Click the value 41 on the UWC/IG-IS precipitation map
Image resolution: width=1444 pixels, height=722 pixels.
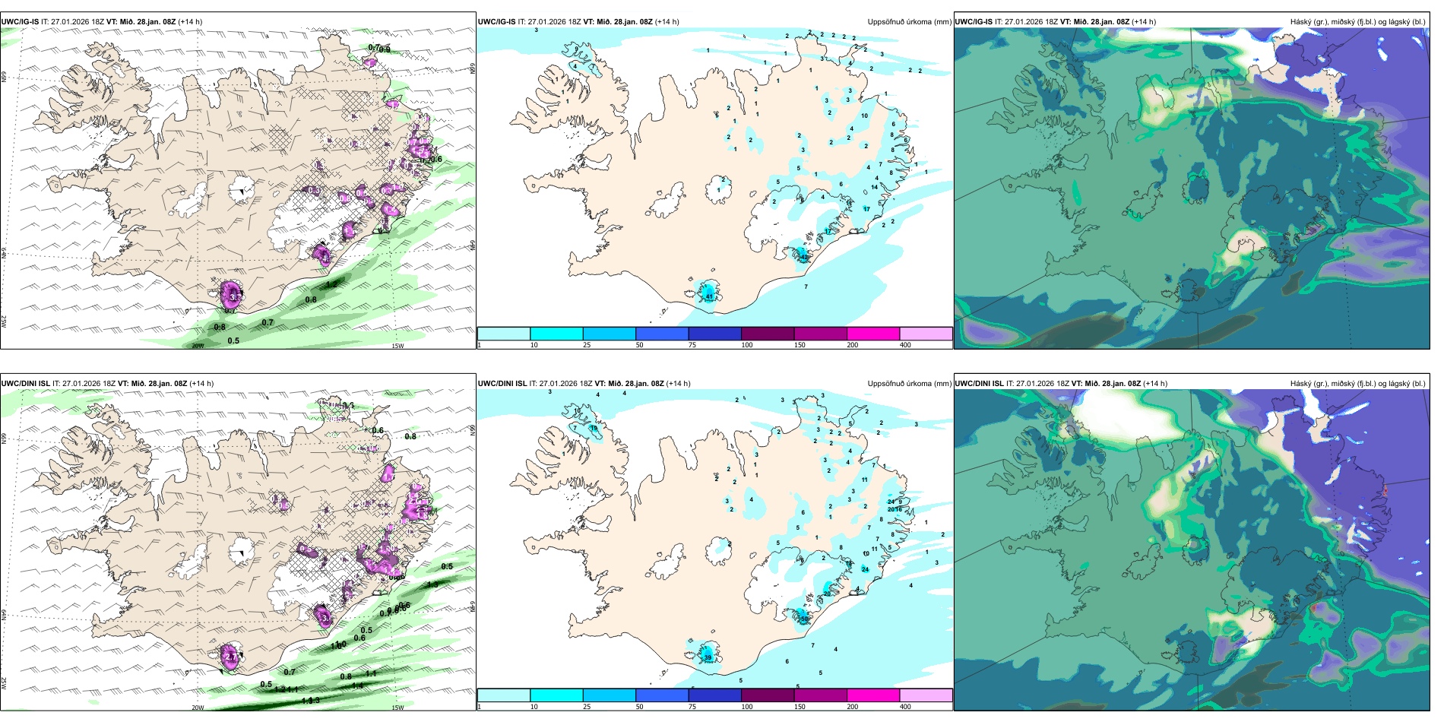coord(709,296)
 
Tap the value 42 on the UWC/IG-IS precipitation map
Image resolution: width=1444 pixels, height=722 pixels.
coord(805,257)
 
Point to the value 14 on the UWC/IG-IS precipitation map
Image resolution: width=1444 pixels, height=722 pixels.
coord(874,187)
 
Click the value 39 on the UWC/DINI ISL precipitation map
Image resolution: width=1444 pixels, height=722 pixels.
coord(708,657)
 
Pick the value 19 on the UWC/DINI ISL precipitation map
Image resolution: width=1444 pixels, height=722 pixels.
coord(594,428)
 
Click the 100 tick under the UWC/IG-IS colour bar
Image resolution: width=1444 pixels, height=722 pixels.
coord(747,345)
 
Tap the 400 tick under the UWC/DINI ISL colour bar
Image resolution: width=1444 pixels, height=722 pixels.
coord(905,707)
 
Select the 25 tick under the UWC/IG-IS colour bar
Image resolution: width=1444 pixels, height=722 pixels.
coord(587,345)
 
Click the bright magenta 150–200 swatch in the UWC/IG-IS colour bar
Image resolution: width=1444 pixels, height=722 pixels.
coord(873,334)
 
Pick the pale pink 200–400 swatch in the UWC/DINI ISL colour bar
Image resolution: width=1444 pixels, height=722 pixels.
coord(926,695)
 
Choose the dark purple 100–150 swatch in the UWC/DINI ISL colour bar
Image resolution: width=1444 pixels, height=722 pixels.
coord(768,695)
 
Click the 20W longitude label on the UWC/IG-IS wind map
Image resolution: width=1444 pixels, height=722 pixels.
coord(198,346)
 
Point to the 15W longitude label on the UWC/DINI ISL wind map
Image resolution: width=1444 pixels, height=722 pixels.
coord(397,708)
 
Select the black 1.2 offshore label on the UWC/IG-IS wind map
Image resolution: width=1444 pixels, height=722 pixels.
coord(331,284)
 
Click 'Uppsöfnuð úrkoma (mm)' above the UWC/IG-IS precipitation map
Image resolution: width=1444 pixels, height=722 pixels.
coord(909,22)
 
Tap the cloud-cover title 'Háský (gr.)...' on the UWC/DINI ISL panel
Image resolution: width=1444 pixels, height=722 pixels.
coord(1357,384)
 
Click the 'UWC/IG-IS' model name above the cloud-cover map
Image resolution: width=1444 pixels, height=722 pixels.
coord(974,22)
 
